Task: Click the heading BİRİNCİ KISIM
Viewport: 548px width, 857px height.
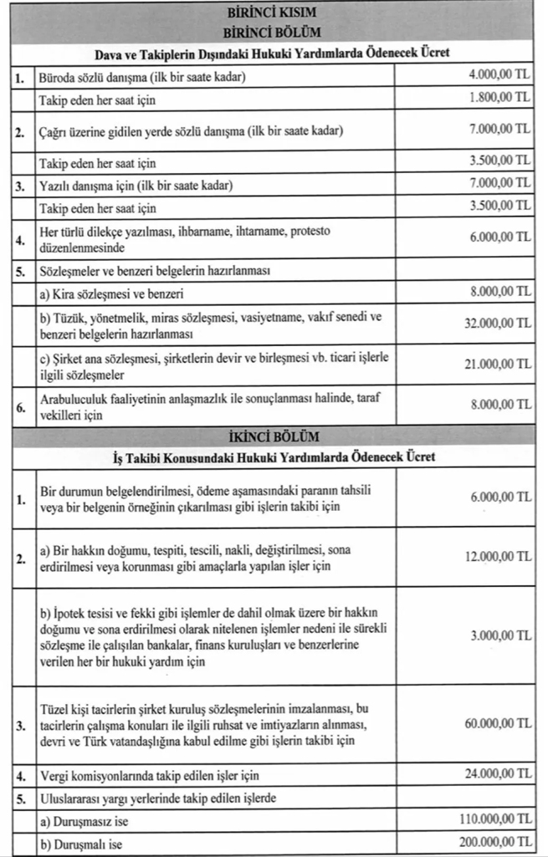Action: coord(274,14)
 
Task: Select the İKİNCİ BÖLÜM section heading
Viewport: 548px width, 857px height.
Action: coord(274,436)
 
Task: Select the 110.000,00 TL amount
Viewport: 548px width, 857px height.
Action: coord(494,819)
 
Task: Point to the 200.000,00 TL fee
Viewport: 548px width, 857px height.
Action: coord(494,841)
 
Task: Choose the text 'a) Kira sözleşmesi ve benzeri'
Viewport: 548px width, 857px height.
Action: coord(112,294)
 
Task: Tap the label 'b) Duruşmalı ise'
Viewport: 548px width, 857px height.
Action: coord(81,844)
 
